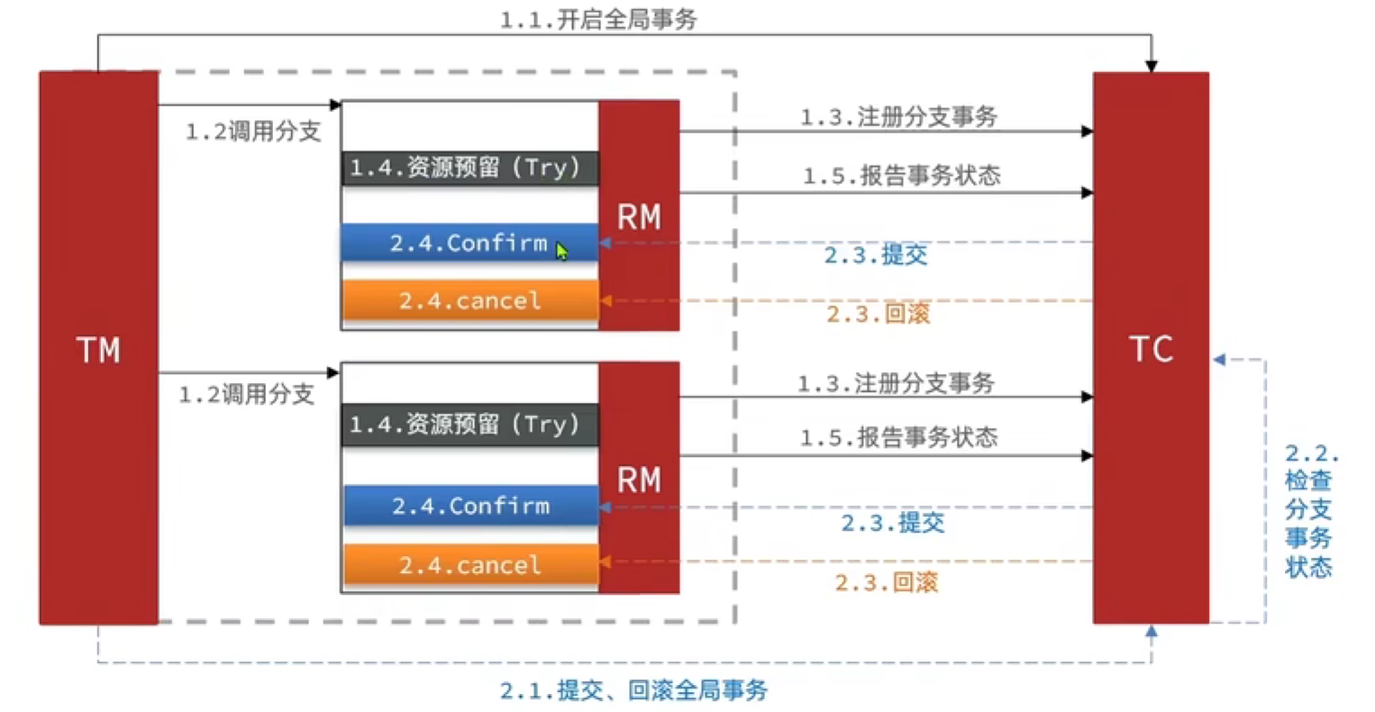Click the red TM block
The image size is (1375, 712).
[99, 348]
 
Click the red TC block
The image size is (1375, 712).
[1151, 348]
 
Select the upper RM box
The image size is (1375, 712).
[639, 215]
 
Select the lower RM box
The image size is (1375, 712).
[639, 478]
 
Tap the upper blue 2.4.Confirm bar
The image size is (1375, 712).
[470, 243]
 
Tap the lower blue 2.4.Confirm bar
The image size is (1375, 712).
[471, 506]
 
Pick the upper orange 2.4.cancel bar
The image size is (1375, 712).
[471, 300]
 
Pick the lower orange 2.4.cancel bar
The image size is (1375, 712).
[471, 565]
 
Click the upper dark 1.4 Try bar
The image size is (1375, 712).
[470, 168]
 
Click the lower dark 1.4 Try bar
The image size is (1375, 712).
[470, 424]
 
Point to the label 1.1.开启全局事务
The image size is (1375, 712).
[598, 20]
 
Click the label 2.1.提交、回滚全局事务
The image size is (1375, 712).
[633, 690]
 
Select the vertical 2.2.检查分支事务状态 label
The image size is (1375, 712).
[1310, 510]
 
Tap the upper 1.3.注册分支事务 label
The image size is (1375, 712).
[898, 116]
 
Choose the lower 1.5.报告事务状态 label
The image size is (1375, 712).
[898, 437]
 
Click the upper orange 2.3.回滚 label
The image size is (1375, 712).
[879, 314]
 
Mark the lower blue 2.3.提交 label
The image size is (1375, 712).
[893, 523]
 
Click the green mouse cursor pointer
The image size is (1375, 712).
[561, 251]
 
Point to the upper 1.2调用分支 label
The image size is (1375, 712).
[253, 131]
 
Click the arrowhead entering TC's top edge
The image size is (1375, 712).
[1152, 67]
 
